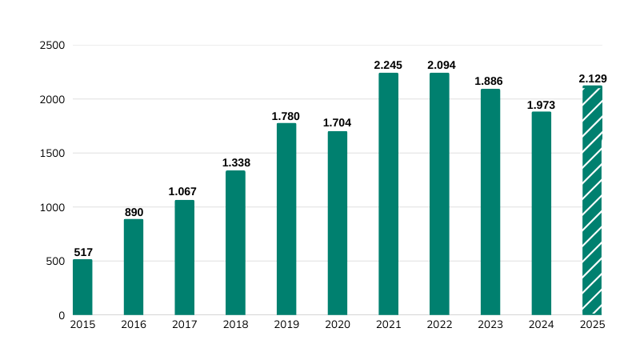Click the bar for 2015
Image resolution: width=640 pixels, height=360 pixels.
82,286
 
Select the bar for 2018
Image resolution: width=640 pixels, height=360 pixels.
235,242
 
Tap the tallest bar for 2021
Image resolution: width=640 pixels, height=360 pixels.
388,194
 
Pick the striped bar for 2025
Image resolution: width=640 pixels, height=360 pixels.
592,200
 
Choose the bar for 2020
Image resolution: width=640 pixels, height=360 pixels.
338,222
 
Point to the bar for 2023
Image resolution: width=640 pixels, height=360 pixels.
490,202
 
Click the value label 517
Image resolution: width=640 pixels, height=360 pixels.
83,252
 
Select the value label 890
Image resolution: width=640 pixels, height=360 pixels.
134,212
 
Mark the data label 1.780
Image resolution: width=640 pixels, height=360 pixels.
286,116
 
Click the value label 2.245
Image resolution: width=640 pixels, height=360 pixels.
388,64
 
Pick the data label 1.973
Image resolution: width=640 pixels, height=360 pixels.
541,105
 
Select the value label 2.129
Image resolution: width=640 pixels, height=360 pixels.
593,78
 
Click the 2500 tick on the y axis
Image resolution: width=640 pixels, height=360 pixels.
52,46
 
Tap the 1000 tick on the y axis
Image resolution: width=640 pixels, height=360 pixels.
52,207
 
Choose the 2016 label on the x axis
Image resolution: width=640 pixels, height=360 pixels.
134,325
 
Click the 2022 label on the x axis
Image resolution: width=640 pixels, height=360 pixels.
439,325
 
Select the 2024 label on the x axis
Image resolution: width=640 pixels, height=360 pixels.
542,325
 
